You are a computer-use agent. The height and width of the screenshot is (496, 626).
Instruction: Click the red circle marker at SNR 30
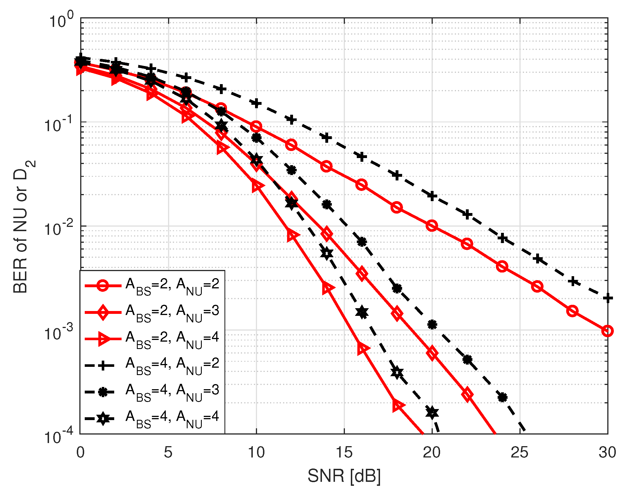point(607,331)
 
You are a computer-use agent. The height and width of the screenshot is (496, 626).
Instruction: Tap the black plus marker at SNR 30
point(607,298)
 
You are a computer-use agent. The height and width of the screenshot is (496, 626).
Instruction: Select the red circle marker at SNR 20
point(432,225)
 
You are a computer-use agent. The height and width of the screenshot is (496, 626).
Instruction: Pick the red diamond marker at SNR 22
point(467,394)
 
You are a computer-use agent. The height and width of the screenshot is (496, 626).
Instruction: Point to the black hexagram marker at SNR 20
point(432,412)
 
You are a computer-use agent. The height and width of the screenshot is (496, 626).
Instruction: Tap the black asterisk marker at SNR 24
point(502,397)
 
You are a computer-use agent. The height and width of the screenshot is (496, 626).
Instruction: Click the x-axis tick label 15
point(344,452)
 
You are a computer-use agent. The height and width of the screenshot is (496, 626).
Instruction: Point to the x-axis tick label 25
point(519,452)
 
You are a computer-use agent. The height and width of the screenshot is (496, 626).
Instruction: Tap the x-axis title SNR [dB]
point(344,476)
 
